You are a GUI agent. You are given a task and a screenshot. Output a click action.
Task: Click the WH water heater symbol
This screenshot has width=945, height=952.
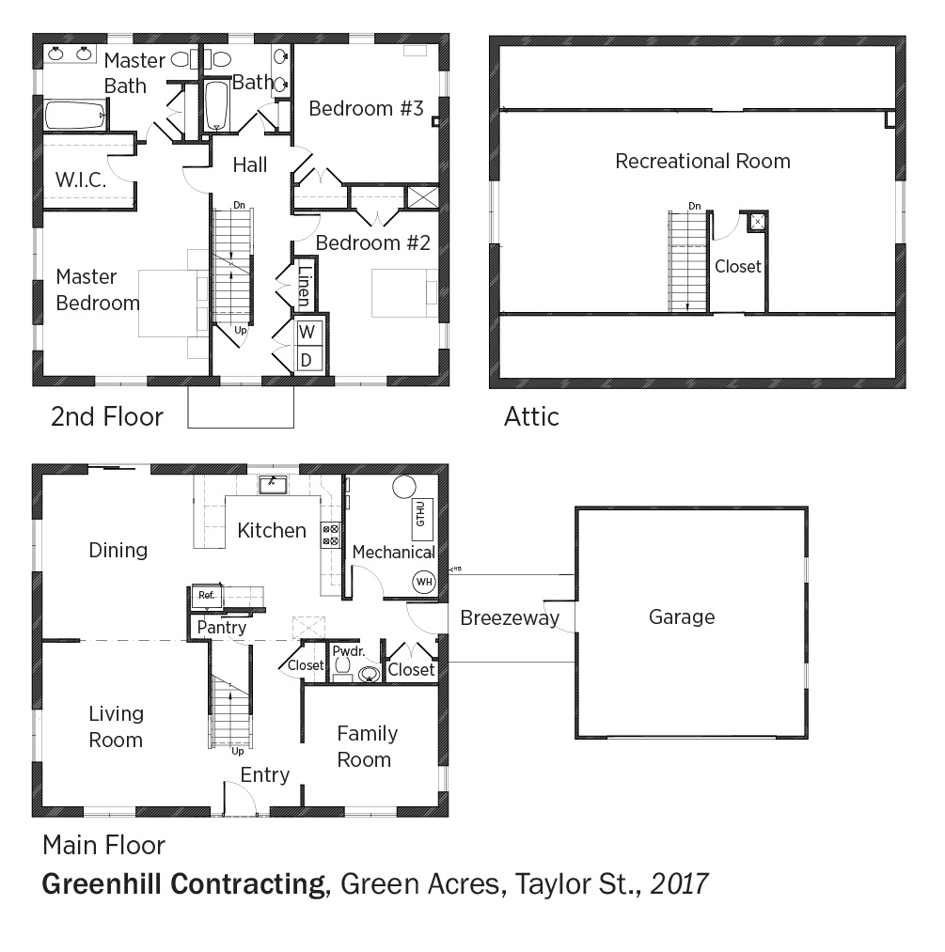click(424, 582)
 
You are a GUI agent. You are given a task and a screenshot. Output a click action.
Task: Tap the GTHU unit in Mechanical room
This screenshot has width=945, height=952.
click(421, 521)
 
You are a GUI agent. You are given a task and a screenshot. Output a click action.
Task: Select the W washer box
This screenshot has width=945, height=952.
click(307, 332)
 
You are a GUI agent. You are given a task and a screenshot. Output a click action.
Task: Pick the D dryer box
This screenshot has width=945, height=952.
click(307, 360)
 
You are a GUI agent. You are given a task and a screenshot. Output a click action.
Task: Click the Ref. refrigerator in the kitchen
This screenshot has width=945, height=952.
click(207, 595)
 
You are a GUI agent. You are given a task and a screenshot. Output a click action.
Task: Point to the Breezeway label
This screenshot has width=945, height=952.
click(510, 618)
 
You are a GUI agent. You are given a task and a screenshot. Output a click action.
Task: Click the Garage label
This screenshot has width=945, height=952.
click(682, 616)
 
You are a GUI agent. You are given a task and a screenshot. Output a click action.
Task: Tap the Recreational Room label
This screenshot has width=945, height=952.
click(702, 161)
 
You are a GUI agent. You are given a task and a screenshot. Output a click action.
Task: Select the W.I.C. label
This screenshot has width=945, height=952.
click(81, 179)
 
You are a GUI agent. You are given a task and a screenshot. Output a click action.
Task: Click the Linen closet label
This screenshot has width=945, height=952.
click(305, 286)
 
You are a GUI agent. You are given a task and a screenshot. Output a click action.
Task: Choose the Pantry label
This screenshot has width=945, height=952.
click(222, 627)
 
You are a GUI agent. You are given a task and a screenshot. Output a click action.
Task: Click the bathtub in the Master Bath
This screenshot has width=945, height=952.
click(75, 115)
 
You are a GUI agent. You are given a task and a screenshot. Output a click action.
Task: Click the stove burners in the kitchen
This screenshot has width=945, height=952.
click(330, 535)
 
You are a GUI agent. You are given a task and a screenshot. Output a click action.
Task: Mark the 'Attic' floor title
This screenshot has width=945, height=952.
click(531, 417)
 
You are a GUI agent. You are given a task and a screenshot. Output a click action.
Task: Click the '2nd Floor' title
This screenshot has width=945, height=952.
click(107, 417)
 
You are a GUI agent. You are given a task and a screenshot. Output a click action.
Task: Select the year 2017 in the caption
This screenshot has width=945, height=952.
click(680, 884)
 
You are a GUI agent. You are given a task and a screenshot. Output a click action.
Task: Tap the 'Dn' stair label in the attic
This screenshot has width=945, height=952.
click(695, 207)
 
